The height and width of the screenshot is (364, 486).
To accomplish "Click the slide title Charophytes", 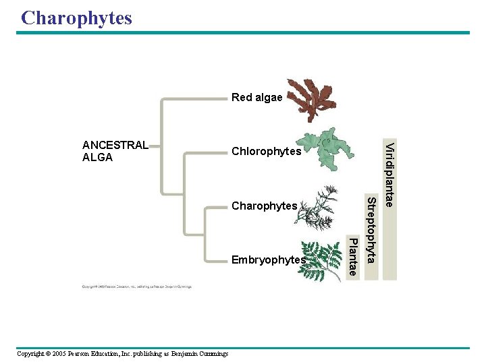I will (76, 18).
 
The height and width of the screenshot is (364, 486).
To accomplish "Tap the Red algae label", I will (256, 98).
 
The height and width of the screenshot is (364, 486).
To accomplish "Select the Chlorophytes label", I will (266, 152).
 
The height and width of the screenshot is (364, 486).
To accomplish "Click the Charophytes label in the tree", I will (264, 206).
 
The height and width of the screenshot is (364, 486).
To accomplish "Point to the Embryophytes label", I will (268, 260).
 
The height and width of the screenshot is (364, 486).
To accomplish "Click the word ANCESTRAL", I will (115, 145).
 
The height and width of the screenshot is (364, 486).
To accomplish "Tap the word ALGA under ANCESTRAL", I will (97, 158).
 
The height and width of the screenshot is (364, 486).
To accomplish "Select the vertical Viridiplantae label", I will (389, 175).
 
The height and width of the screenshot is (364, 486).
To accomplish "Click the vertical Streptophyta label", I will (371, 229).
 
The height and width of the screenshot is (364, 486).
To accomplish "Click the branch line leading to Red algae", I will (196, 98).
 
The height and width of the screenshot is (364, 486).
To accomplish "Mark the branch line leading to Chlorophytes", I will (206, 152).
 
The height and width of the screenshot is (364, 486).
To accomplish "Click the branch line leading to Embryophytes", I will (216, 260).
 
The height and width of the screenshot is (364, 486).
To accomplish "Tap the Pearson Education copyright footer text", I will (122, 354).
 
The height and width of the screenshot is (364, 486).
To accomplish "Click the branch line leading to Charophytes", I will (216, 206).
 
